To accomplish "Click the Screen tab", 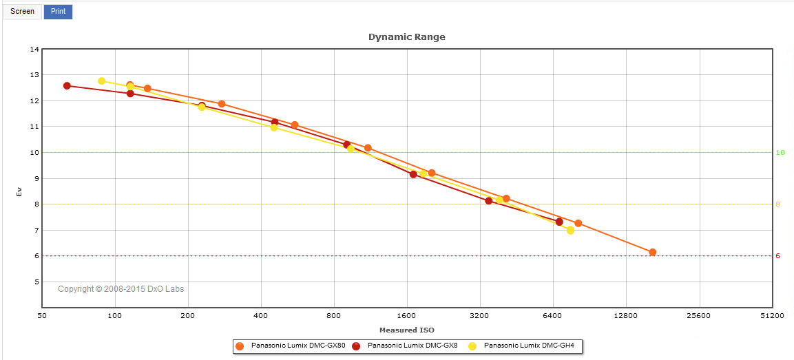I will [22, 12].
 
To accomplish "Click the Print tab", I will [58, 12].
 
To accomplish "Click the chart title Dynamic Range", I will [406, 36].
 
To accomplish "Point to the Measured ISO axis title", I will [406, 330].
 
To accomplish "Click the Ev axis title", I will [19, 191].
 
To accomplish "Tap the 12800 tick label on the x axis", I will [626, 316].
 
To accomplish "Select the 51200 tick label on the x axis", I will [772, 316].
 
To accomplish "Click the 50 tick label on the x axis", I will [41, 316].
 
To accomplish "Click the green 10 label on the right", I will [780, 153].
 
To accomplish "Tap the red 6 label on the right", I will [778, 256].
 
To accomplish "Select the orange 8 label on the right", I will [778, 204].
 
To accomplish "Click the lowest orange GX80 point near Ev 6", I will [652, 252].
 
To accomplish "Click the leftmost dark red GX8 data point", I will [67, 85].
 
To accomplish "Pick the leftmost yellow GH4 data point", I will [101, 81].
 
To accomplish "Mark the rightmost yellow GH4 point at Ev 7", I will [570, 230].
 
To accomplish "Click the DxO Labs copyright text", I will [121, 289].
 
